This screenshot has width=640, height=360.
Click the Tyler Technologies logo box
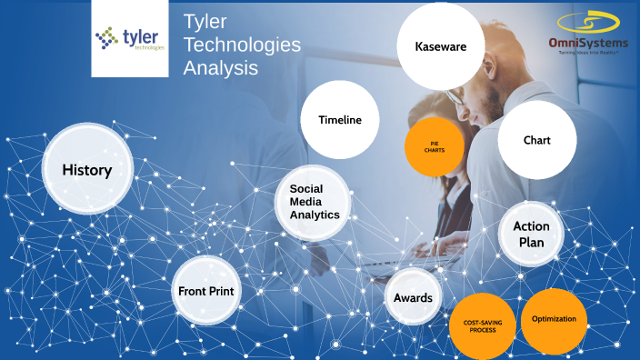pyautogui.click(x=130, y=38)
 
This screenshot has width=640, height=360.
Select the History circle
pyautogui.click(x=87, y=170)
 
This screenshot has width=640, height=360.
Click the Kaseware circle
pyautogui.click(x=440, y=46)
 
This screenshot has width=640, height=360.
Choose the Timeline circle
pyautogui.click(x=339, y=120)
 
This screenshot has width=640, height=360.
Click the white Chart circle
pyautogui.click(x=536, y=141)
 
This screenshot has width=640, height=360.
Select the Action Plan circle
pyautogui.click(x=531, y=234)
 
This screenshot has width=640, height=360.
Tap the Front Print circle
pyautogui.click(x=206, y=292)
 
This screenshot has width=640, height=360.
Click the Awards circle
pyautogui.click(x=413, y=298)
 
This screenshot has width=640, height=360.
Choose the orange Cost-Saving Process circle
pyautogui.click(x=483, y=325)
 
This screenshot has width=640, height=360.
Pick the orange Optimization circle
pyautogui.click(x=554, y=319)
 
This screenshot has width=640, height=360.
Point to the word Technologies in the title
pyautogui.click(x=242, y=45)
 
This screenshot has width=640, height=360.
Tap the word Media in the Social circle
pyautogui.click(x=306, y=201)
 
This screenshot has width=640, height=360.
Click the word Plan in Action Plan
pyautogui.click(x=532, y=243)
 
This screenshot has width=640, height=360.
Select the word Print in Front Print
pyautogui.click(x=221, y=292)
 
